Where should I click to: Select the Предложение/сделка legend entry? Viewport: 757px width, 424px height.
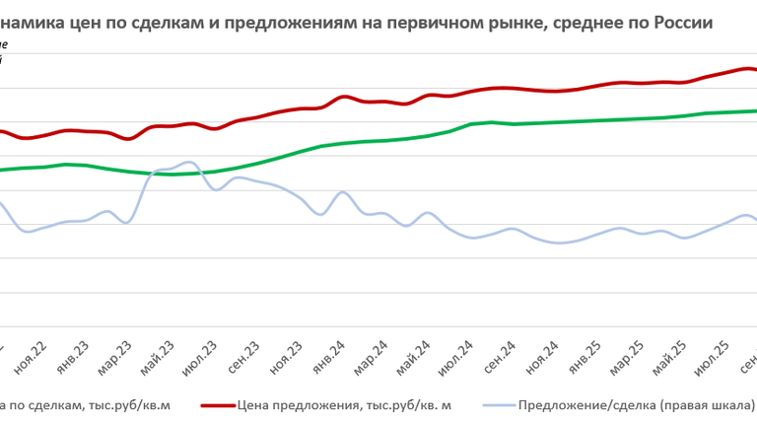tap(636, 405)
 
